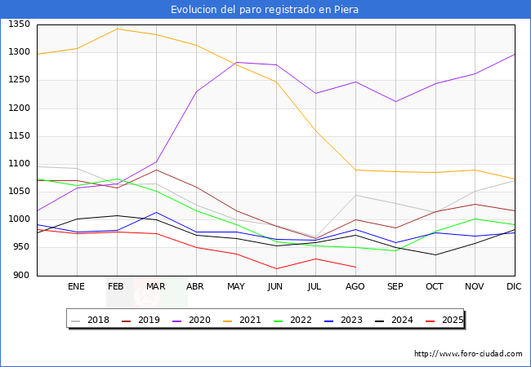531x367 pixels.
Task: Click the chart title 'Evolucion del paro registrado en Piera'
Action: pos(265,10)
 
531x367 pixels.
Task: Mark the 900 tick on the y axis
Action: pos(22,276)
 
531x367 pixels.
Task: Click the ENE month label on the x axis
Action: pos(76,287)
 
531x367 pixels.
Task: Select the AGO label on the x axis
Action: pos(355,287)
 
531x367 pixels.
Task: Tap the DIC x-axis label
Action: pos(514,287)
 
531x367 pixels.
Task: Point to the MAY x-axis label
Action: pos(235,287)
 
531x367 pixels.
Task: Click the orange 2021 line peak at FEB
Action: pos(117,29)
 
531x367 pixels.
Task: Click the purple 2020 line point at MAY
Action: pos(235,62)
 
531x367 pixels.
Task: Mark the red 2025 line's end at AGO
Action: pos(355,268)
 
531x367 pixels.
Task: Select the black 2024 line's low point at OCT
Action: pos(435,255)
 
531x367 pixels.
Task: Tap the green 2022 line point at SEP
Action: pos(395,250)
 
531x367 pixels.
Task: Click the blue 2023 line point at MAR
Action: pos(156,212)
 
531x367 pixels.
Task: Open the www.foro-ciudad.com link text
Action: pos(468,354)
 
